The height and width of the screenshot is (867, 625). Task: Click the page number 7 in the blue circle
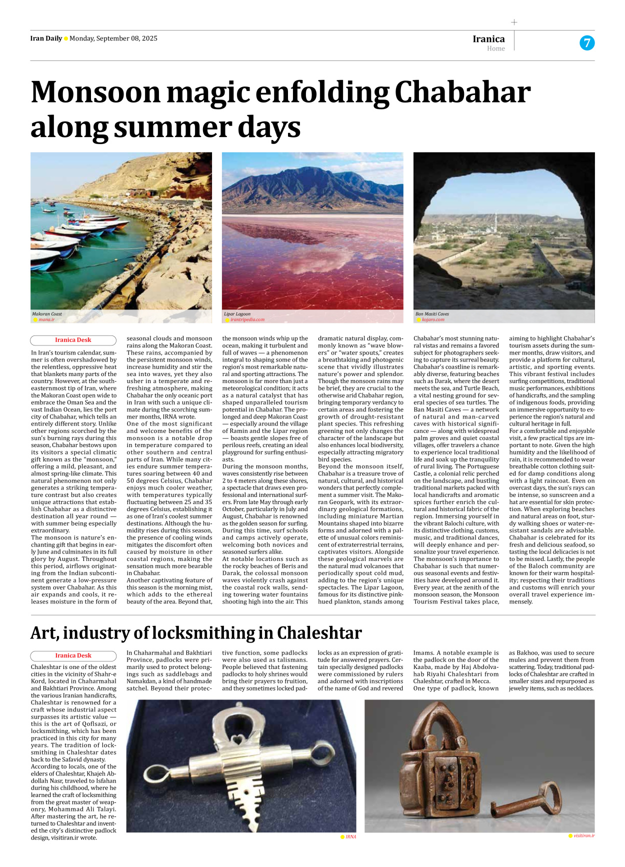pos(586,43)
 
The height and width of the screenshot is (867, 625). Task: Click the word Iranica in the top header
pos(488,39)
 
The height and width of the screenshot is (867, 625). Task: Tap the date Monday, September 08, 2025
pos(113,38)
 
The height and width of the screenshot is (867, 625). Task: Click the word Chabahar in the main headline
pos(462,92)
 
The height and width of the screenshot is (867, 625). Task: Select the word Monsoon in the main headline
pos(95,92)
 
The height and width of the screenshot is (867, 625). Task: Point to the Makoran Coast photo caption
pos(47,314)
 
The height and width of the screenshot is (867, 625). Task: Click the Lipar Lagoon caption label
pos(237,314)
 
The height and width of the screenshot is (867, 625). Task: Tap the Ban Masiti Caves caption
pos(432,314)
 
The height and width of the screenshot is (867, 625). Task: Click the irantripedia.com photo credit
pos(247,319)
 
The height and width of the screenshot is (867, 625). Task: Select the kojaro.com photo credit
pos(432,319)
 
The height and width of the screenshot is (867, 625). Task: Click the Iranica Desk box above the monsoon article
pos(73,340)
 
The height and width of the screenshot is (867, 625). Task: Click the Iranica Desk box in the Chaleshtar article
pos(73,655)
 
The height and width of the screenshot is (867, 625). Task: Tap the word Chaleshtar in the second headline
pos(319,633)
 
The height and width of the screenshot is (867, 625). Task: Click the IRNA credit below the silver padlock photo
pos(350,836)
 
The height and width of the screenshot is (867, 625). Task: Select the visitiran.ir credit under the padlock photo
pos(583,835)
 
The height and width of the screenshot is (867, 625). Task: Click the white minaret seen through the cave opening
pos(496,221)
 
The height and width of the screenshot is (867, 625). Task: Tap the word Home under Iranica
pos(495,48)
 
